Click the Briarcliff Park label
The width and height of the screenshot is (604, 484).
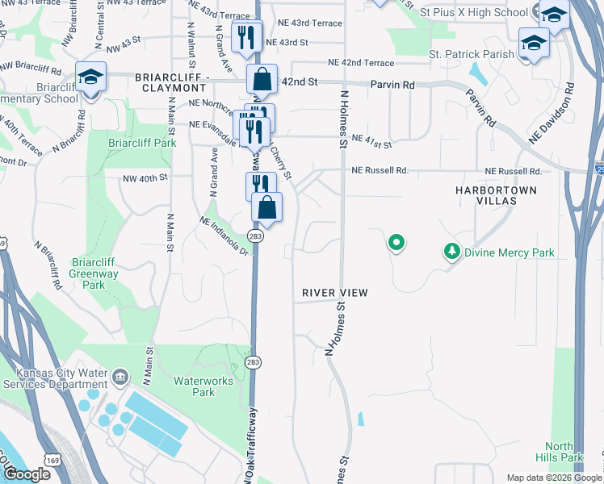[x=142, y=143]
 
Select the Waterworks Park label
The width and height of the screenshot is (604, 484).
[x=191, y=386]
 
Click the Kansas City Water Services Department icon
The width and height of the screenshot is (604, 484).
[x=120, y=377]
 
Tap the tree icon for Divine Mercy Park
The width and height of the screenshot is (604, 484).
[x=452, y=252]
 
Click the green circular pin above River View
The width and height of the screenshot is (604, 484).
[x=396, y=241]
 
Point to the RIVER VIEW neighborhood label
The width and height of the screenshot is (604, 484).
[x=335, y=292]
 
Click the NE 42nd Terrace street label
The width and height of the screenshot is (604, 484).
[x=361, y=63]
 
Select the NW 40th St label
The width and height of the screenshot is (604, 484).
[x=145, y=178]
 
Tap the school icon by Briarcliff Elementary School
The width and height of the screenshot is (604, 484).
[x=90, y=77]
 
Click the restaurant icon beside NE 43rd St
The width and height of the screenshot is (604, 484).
[x=246, y=36]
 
